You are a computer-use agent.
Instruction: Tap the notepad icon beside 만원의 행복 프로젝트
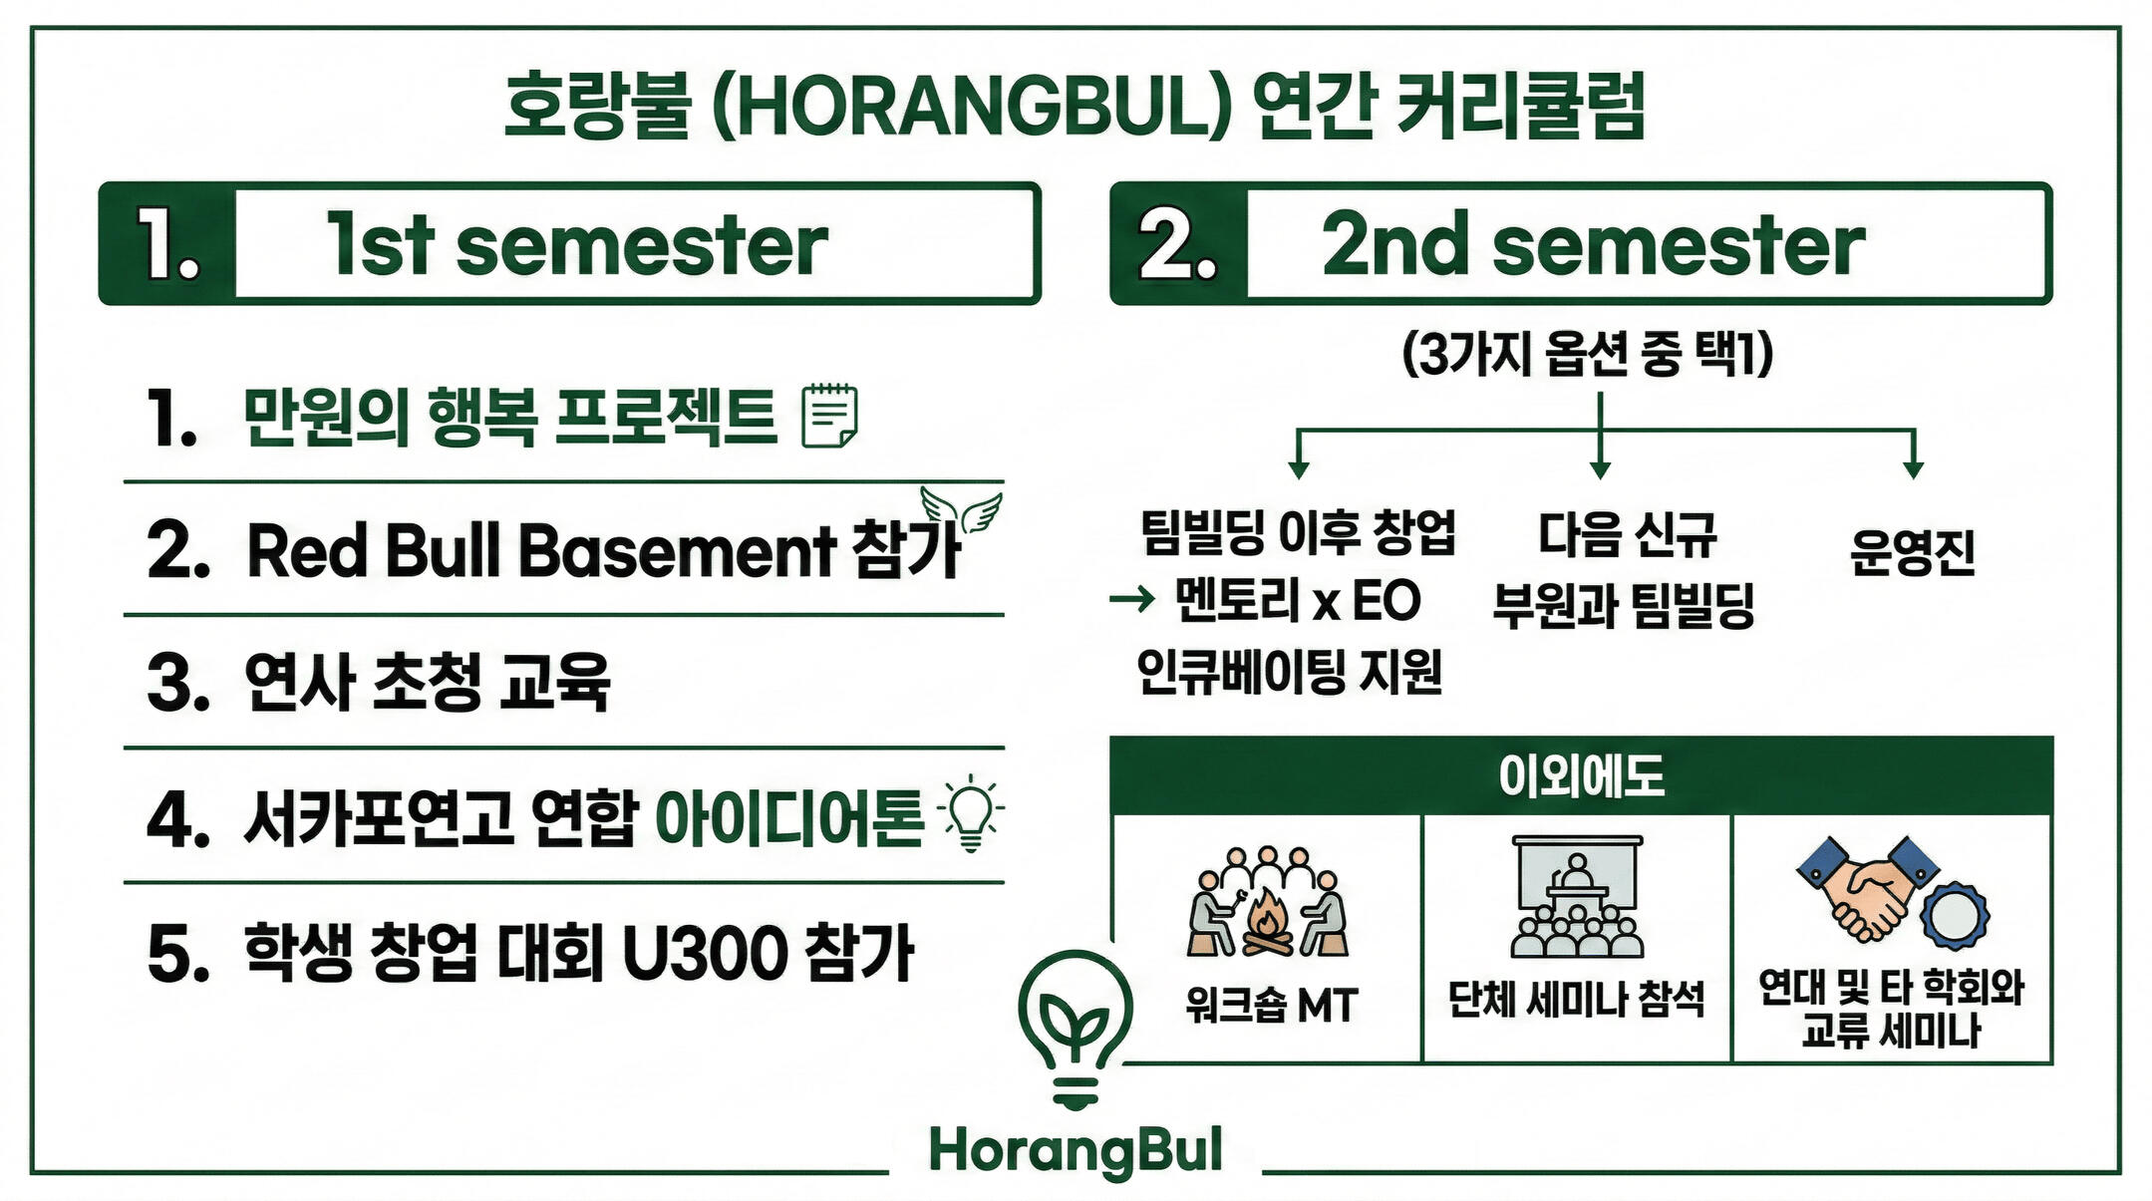coord(829,415)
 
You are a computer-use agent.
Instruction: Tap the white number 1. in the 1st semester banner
coord(168,243)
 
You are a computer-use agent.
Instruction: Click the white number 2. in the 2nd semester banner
coord(1178,243)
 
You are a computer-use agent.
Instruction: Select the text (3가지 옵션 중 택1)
coord(1588,353)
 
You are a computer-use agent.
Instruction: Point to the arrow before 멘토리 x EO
coord(1131,599)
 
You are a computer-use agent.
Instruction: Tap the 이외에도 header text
coord(1581,775)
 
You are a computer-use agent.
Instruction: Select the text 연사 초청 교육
coord(428,682)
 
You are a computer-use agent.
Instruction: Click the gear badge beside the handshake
coord(1955,915)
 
